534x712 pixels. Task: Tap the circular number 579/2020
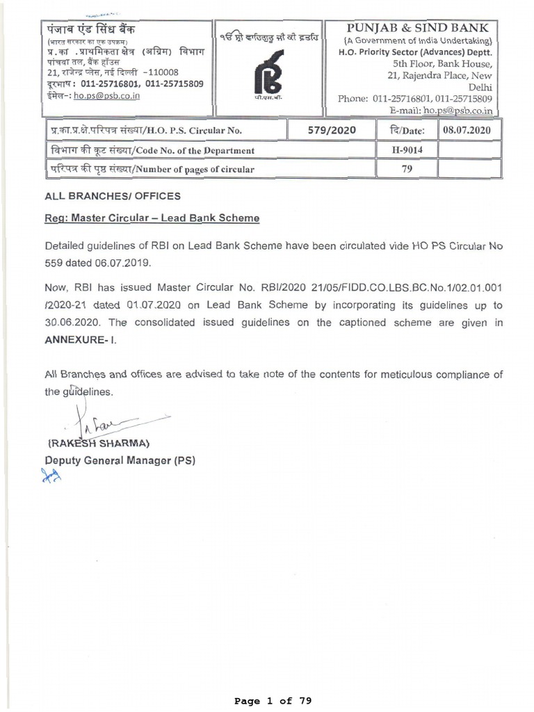click(x=331, y=130)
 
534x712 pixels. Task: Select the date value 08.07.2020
click(x=469, y=130)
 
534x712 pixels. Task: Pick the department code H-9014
click(x=407, y=149)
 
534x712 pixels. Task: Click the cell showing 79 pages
click(x=407, y=168)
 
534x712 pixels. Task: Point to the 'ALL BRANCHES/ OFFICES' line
click(x=112, y=196)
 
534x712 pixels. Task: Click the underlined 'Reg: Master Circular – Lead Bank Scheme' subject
click(x=152, y=218)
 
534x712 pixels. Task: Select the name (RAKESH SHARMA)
click(x=99, y=444)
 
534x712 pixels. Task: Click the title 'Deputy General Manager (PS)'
click(x=120, y=460)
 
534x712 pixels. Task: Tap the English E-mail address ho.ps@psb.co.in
click(x=458, y=110)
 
